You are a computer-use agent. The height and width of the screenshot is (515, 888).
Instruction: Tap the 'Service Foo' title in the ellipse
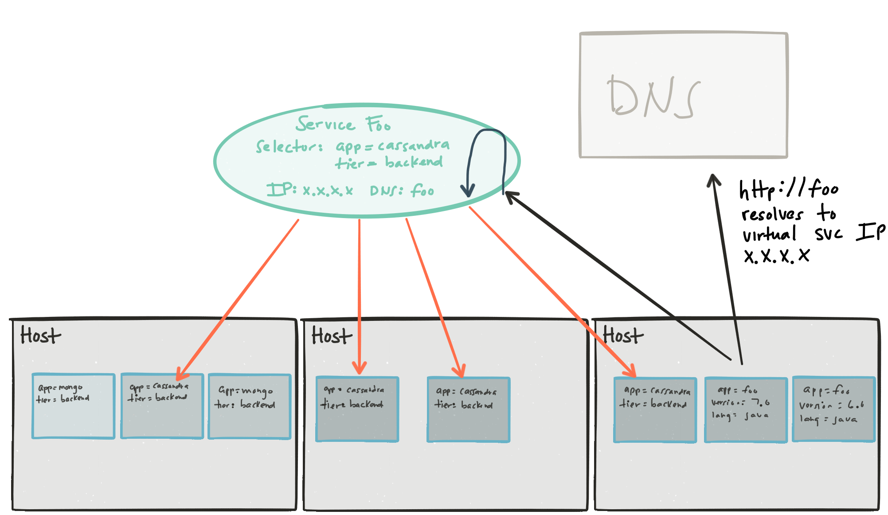[x=343, y=124]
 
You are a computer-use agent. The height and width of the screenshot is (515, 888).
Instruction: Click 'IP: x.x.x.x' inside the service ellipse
[x=309, y=190]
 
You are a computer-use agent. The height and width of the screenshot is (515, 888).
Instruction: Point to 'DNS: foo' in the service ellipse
[x=402, y=191]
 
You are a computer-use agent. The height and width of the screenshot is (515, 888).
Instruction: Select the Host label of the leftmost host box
[x=40, y=336]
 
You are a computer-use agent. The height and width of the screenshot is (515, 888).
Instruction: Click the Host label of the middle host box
[x=332, y=336]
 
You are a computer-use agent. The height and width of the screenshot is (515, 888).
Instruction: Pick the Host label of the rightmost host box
[x=623, y=336]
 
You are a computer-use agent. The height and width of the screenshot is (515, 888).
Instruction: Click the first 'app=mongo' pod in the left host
[x=74, y=406]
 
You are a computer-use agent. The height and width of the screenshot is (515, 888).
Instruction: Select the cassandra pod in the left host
[x=162, y=406]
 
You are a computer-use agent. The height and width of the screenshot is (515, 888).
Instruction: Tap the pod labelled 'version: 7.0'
[x=746, y=410]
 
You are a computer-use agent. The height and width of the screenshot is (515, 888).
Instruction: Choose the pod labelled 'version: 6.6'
[x=833, y=409]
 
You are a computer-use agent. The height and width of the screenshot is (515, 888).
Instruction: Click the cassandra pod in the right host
[x=655, y=410]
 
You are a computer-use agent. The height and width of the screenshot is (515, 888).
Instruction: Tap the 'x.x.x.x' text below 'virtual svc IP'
[x=777, y=256]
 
